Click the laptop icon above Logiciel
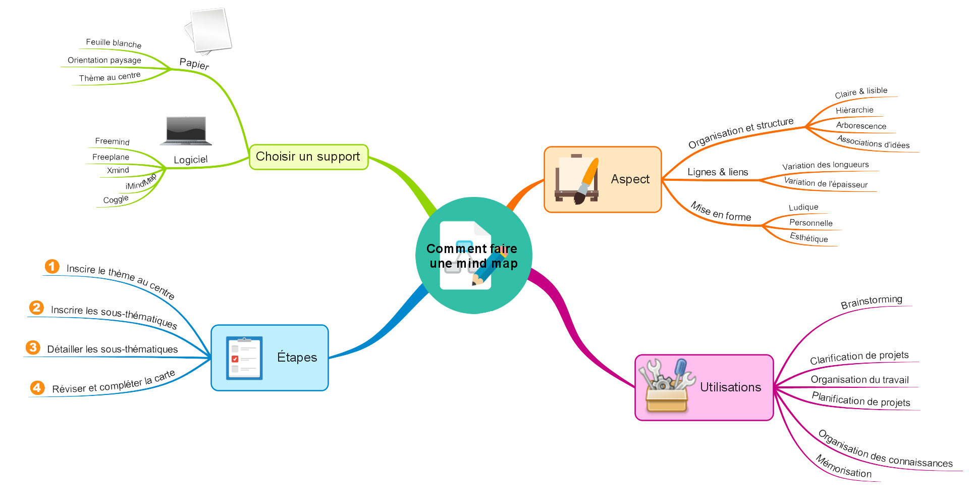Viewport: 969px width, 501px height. click(x=186, y=131)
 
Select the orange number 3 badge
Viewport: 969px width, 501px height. click(x=33, y=347)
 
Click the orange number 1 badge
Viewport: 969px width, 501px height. click(x=52, y=266)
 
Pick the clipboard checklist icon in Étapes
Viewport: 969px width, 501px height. click(x=244, y=358)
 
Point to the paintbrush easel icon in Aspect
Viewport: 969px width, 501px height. click(x=577, y=179)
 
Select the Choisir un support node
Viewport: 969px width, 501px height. click(x=308, y=157)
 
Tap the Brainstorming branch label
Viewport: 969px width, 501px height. click(x=871, y=302)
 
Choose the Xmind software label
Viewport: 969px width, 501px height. click(x=118, y=170)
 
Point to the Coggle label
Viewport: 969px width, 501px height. click(x=116, y=199)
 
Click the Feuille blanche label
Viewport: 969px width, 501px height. click(x=114, y=43)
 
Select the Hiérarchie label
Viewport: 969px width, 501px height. click(x=854, y=110)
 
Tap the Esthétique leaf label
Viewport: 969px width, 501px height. click(x=809, y=238)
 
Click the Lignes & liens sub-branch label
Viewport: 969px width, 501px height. click(x=718, y=172)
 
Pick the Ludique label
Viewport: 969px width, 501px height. click(x=803, y=207)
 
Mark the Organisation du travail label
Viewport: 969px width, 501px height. click(x=859, y=380)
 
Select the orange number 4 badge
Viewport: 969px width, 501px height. click(x=37, y=387)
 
